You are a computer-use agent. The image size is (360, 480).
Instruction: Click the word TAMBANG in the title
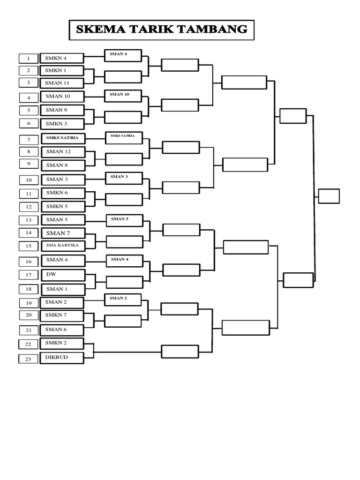point(212,30)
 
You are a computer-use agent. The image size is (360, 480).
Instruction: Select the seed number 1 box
point(29,58)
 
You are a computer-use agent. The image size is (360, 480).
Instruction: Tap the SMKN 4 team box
point(62,58)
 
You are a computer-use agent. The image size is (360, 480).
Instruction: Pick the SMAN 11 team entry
point(62,83)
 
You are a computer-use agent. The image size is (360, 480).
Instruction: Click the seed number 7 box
point(29,140)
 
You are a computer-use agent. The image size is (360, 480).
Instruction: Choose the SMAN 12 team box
point(63,152)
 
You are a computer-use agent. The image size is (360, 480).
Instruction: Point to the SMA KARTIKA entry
point(63,246)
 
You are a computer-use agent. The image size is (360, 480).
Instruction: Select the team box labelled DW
point(63,275)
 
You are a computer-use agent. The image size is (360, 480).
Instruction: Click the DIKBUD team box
point(62,358)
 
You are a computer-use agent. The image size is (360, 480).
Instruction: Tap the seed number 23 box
point(28,359)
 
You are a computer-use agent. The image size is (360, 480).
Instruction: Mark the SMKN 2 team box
point(62,343)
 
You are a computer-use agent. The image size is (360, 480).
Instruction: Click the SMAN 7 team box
point(63,233)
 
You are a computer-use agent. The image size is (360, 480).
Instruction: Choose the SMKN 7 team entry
point(62,315)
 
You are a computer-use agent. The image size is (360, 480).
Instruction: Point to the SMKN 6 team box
point(63,193)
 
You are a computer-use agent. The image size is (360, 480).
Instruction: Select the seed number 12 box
point(29,207)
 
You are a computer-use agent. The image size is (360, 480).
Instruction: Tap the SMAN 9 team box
point(62,110)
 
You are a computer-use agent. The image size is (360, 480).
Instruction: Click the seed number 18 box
point(29,289)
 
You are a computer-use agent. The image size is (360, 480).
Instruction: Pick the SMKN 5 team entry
point(63,207)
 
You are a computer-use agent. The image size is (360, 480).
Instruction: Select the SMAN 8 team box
point(63,165)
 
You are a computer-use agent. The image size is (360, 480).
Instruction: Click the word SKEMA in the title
point(101,30)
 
